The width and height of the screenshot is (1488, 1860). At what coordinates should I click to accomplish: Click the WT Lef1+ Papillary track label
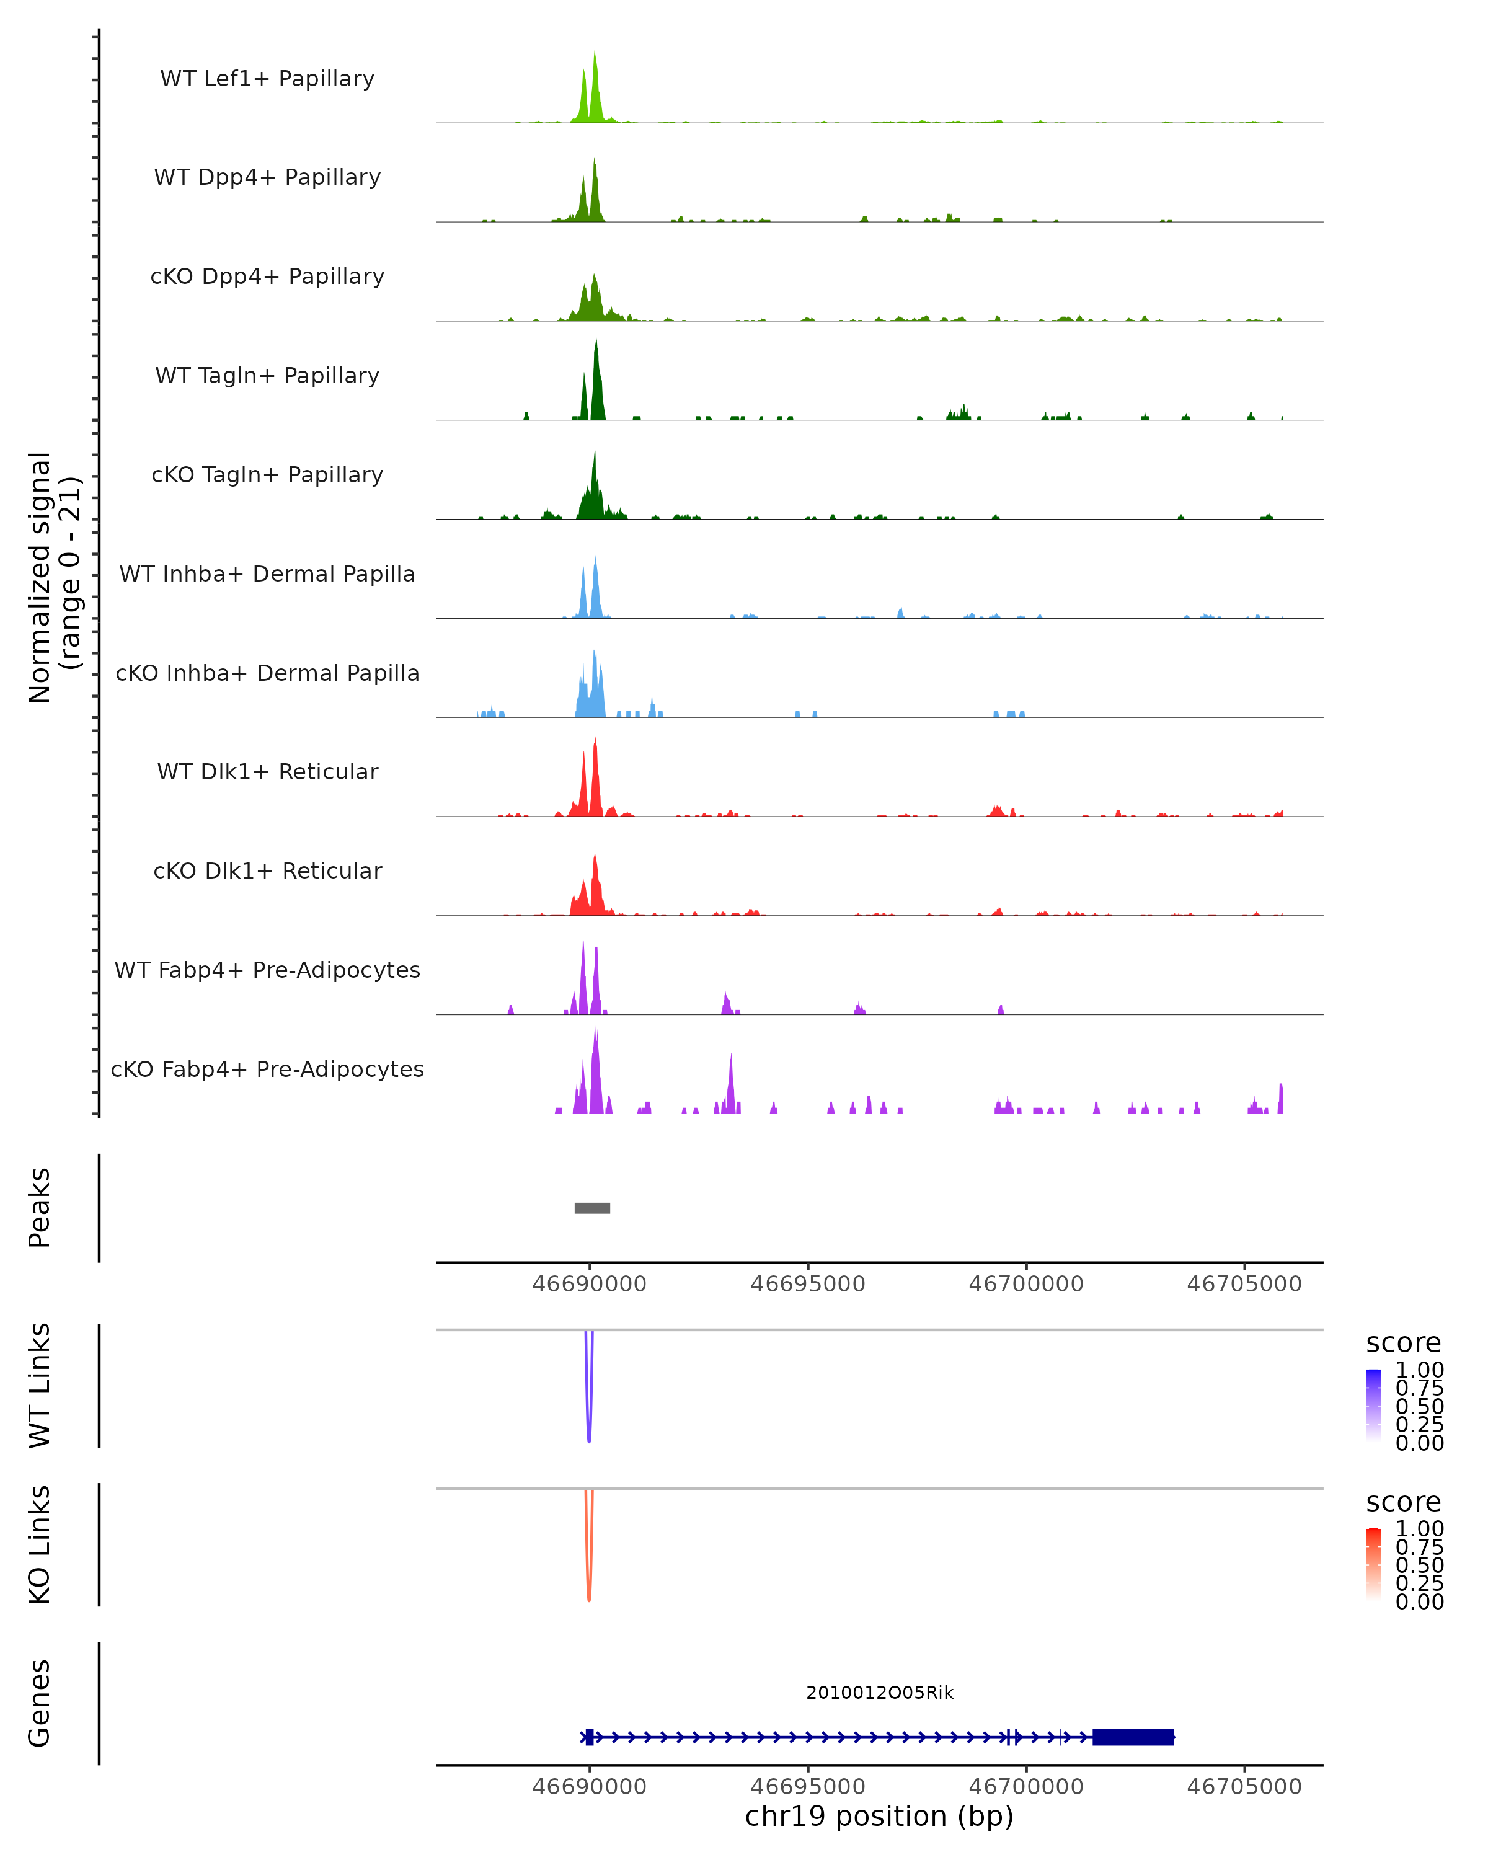pos(267,79)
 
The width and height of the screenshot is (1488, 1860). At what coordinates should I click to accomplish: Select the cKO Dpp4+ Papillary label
pos(267,276)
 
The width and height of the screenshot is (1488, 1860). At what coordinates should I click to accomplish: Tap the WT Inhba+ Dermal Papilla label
pos(267,573)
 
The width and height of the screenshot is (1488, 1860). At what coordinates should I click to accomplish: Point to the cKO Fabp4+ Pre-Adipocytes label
pos(267,1069)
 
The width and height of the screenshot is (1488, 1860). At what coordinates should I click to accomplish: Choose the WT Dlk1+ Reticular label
pos(267,771)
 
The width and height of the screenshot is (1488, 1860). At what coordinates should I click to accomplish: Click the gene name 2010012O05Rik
pos(879,1693)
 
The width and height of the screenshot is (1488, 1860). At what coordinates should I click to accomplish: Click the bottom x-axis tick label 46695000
pos(807,1787)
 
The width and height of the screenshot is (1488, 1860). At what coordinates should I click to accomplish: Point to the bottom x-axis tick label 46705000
pos(1244,1787)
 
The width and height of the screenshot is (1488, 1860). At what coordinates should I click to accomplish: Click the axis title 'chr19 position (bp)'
pos(879,1817)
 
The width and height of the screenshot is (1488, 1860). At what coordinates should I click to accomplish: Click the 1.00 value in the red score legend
pos(1419,1529)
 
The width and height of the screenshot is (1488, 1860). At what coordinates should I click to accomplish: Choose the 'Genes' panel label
pos(40,1703)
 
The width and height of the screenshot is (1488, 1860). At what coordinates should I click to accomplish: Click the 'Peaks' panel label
pos(40,1207)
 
